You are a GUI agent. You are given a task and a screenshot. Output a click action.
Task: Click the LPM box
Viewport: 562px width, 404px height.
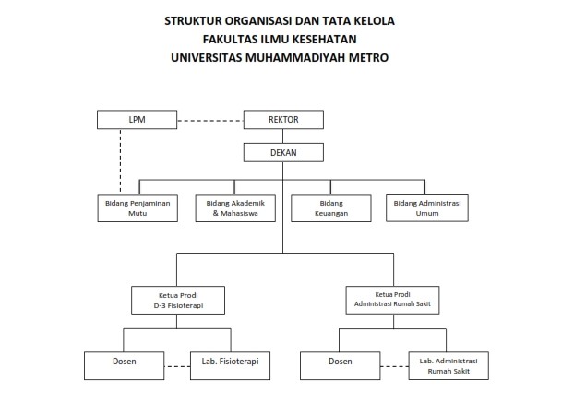coord(137,120)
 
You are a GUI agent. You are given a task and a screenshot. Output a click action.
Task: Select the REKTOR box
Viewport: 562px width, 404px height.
coord(283,120)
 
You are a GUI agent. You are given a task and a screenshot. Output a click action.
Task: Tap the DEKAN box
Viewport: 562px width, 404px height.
coord(283,152)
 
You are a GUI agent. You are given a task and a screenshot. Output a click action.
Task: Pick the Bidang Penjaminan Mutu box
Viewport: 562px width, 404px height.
coord(138,208)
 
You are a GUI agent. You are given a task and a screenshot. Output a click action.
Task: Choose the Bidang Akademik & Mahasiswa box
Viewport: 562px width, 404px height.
coord(235,208)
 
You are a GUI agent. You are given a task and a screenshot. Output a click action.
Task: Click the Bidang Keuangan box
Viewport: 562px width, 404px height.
coord(331,208)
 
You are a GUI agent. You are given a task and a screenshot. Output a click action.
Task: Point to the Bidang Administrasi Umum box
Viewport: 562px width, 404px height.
coord(427,208)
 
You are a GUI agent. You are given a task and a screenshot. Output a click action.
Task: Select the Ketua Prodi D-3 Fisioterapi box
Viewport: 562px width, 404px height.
coord(178,300)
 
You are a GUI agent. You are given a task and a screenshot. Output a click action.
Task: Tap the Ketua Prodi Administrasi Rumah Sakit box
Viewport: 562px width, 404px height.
coord(392,300)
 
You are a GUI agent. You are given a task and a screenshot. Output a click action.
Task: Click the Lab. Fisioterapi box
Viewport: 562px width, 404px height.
coord(230,365)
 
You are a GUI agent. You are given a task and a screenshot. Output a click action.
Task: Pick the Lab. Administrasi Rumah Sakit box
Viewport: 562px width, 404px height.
coord(448,365)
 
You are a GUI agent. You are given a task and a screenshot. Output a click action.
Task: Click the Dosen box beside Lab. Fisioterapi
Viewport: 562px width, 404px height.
coord(125,365)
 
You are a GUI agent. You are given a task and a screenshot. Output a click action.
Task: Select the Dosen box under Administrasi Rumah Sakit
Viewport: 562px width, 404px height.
coord(341,365)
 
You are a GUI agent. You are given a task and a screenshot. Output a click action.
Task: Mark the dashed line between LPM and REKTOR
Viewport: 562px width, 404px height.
coord(210,121)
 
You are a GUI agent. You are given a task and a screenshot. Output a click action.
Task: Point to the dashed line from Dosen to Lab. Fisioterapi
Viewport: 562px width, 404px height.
coord(177,366)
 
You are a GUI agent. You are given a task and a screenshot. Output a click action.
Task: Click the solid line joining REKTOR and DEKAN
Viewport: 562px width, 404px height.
coord(282,137)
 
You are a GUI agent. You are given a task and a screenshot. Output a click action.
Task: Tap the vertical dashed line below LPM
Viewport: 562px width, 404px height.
coord(120,161)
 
